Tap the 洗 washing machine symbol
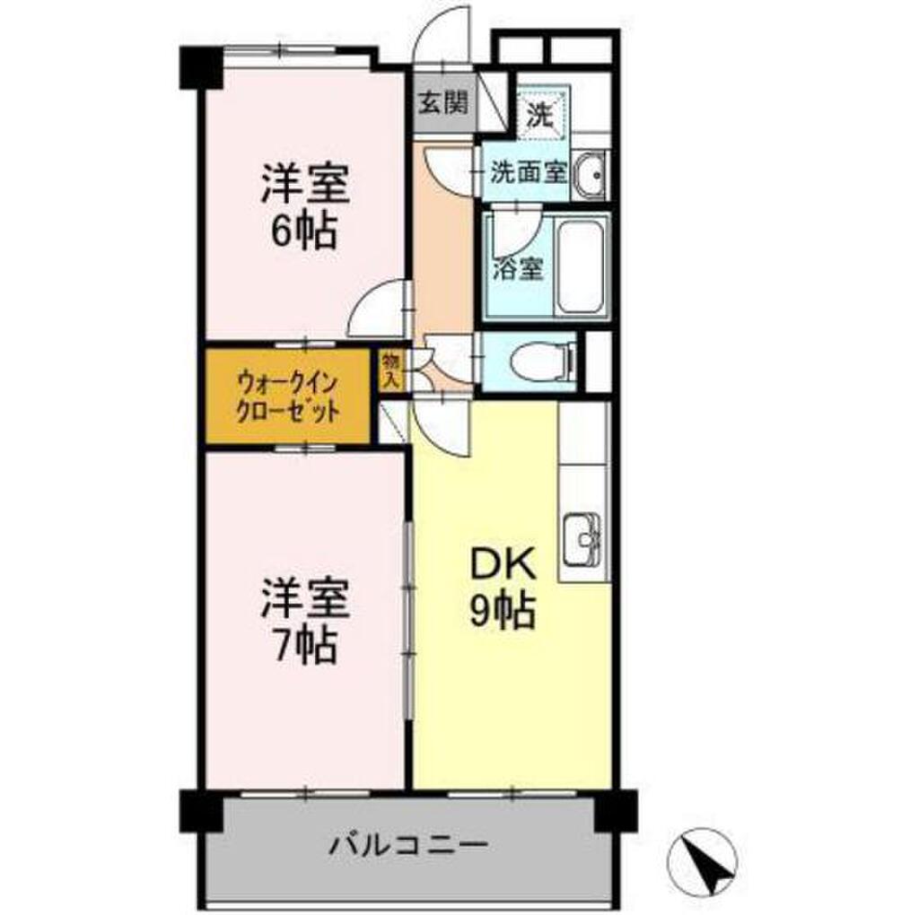540,113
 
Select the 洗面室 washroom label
528,171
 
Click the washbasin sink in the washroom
589,173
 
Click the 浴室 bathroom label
519,268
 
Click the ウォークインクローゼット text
287,397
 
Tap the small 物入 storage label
390,369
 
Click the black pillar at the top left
202,68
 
